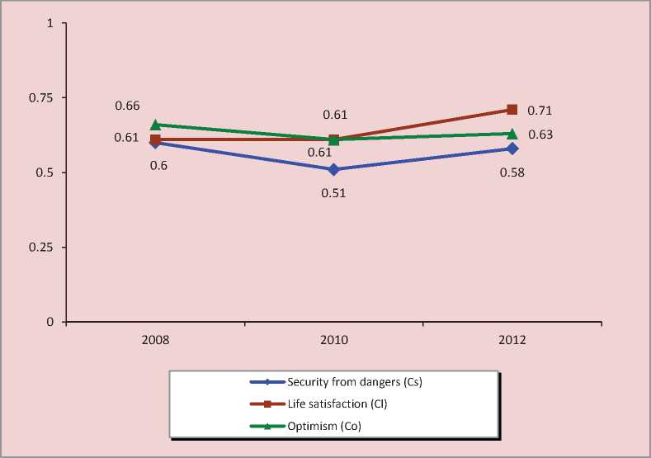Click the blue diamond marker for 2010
pos(334,169)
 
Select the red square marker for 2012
pos(512,110)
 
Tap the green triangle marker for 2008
pos(155,125)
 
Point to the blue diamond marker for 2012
pos(512,149)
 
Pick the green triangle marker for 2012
pos(512,134)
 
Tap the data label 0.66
pos(127,106)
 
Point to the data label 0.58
pos(512,172)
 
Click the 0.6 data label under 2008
pos(159,165)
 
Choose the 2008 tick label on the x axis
pos(155,340)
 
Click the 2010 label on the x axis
pos(334,340)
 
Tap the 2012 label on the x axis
pos(512,340)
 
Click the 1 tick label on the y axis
pos(51,23)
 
